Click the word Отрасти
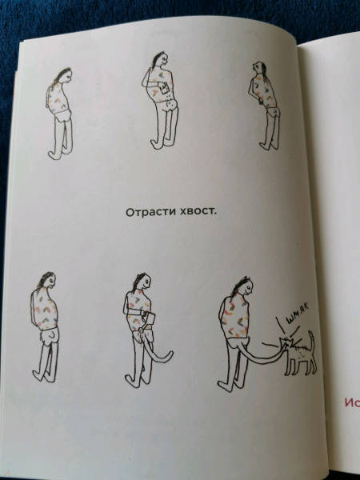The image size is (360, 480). point(146,212)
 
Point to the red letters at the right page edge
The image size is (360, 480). point(352,402)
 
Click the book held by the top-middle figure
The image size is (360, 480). point(163,88)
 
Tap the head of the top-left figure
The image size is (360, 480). point(66,75)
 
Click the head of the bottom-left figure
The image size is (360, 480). point(50,280)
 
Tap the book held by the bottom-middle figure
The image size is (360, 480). point(150,318)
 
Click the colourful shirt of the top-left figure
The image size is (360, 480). point(58,100)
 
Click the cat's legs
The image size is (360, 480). point(300,366)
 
